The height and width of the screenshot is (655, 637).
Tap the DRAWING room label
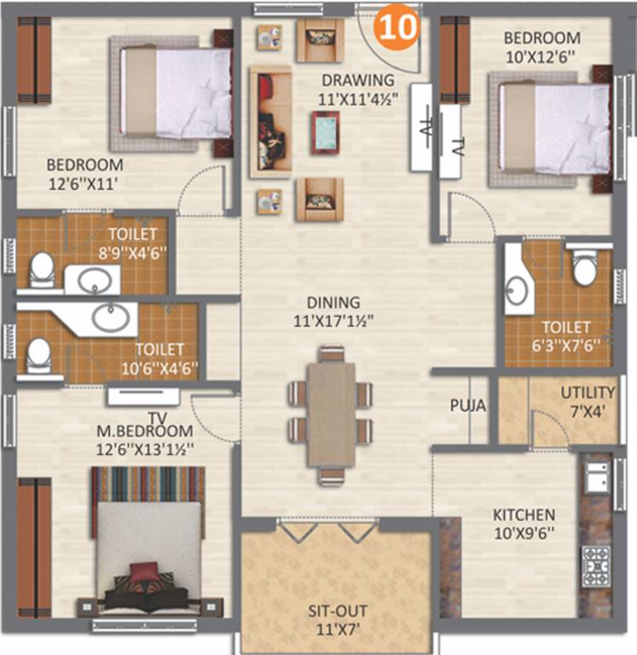tap(352, 81)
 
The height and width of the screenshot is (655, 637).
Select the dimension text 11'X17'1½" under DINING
tap(336, 322)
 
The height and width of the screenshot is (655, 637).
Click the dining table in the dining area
tap(331, 414)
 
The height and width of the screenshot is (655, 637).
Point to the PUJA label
tap(467, 407)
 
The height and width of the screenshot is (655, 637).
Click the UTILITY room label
tap(587, 392)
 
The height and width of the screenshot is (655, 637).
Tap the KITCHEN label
tap(524, 515)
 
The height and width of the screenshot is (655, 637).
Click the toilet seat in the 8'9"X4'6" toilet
tap(42, 272)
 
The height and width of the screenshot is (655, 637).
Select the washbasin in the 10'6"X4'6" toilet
tap(113, 317)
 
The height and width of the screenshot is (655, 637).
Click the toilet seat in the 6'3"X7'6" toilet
tap(585, 269)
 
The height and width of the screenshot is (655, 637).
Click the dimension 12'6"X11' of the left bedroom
tap(83, 181)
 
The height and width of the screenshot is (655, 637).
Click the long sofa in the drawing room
tap(269, 121)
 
